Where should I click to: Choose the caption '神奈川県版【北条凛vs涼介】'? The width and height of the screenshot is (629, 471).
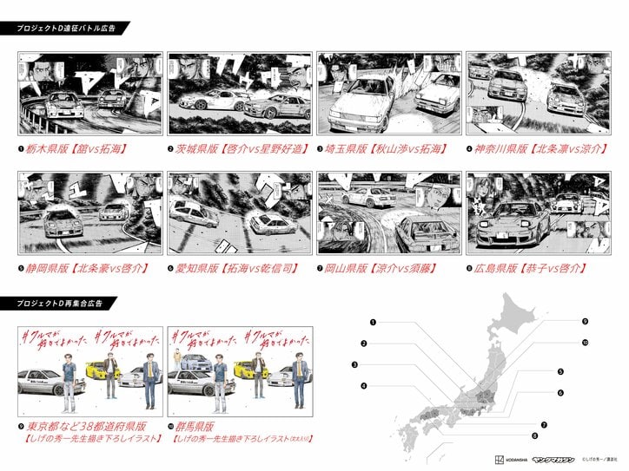[x=539, y=149]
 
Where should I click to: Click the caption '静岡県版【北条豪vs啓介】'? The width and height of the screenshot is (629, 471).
[x=83, y=268]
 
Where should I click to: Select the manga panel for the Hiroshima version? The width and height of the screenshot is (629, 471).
[x=537, y=213]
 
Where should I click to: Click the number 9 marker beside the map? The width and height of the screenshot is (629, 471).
[x=585, y=321]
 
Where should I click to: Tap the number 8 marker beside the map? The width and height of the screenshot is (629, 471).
[x=534, y=435]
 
